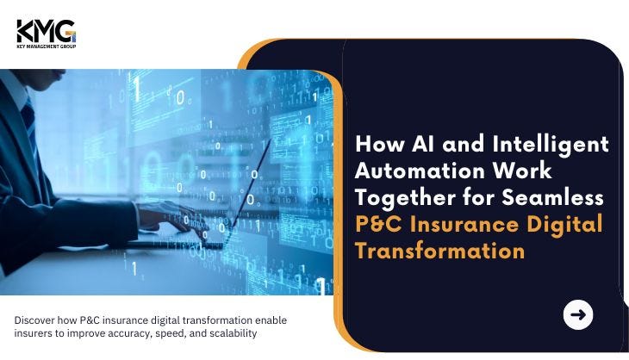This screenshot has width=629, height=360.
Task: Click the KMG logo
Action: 47,34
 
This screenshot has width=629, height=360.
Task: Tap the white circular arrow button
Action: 577,314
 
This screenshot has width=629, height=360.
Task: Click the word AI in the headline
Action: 423,144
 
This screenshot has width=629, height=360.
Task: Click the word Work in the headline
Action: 522,171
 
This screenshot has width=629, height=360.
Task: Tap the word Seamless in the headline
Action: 553,197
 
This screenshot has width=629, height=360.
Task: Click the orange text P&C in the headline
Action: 378,224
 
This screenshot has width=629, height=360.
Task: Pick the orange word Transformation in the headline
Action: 440,251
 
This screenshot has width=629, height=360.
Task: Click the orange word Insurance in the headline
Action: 464,224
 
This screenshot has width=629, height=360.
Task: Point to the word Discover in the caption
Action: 34,320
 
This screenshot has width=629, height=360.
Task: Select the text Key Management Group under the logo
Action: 47,47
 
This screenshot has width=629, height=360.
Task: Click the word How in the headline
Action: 379,144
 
